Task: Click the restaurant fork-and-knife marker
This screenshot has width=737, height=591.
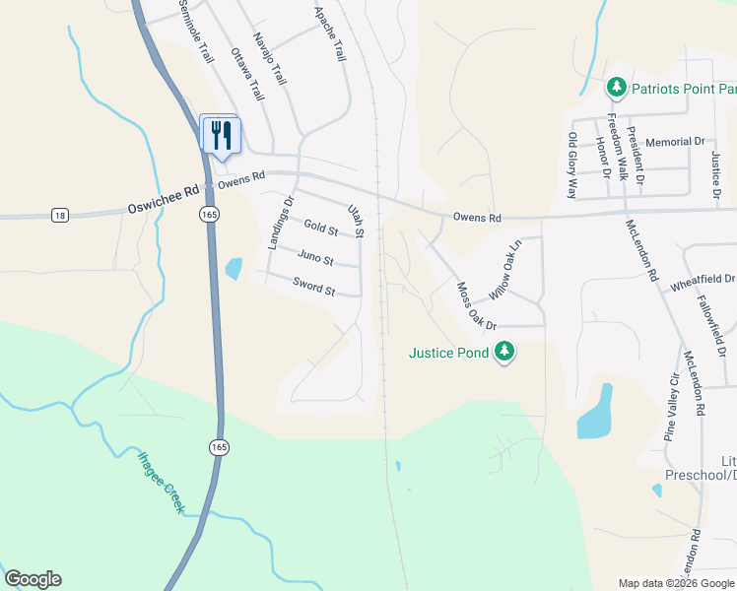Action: pos(221,133)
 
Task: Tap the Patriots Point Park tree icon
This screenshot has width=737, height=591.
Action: pos(617,88)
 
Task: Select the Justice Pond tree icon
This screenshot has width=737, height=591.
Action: pos(503,352)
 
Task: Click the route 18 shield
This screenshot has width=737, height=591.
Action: pos(61,215)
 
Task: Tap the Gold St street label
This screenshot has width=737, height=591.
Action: pos(321,229)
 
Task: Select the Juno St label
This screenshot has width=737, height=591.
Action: pos(315,260)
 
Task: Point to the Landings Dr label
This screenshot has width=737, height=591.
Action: pos(281,224)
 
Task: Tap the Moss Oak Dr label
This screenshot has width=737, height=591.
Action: pos(477,306)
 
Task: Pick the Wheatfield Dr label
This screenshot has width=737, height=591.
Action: pos(703,281)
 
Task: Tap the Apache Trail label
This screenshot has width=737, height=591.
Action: pos(330,35)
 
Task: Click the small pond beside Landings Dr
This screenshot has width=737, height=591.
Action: pos(234,268)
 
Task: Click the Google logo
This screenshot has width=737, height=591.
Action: pos(33,579)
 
